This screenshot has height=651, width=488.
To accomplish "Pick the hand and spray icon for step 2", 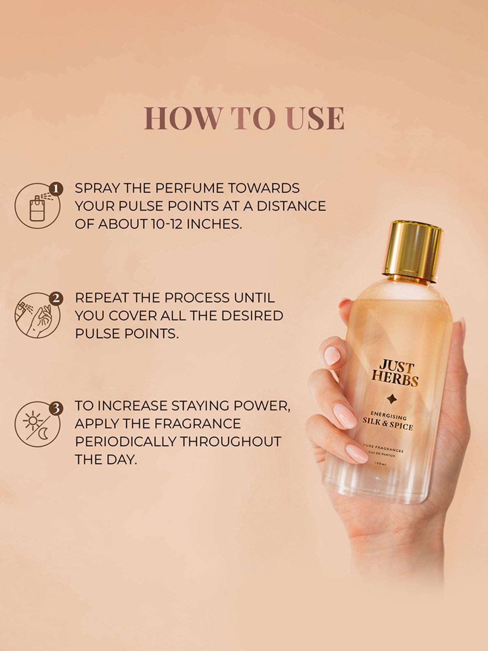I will pos(37,316).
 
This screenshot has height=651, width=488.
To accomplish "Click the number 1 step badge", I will pos(56,189).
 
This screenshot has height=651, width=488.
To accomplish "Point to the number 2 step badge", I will pos(56,298).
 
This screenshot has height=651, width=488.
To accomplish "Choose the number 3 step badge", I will pos(56,408).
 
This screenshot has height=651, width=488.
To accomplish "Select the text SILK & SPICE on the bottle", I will pos(388,423).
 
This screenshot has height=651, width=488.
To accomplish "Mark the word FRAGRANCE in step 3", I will pos(197,424).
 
